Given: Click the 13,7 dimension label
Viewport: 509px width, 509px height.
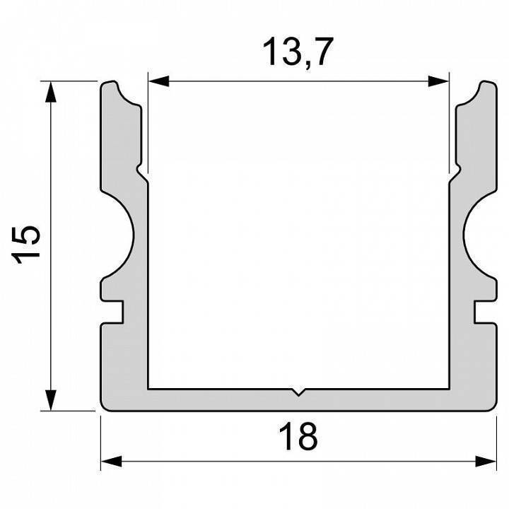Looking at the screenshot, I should point(298,53).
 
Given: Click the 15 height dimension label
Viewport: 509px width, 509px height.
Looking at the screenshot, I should point(30,245).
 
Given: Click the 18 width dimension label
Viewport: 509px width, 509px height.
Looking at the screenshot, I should point(298,436).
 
